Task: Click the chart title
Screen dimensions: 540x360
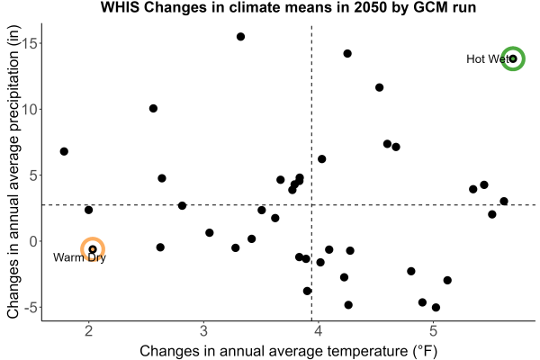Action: [x=288, y=7]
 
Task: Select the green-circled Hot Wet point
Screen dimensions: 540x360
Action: [x=513, y=58]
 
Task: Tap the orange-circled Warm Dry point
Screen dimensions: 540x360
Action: [x=93, y=249]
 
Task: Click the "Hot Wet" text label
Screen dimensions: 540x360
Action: [x=487, y=58]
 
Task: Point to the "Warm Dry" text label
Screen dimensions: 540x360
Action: [x=79, y=257]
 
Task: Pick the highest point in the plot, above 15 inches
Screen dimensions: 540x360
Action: [x=240, y=37]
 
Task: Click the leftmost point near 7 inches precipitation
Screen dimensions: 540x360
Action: [x=64, y=151]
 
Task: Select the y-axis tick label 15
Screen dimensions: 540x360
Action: [x=31, y=43]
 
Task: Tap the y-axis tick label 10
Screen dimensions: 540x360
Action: [x=31, y=109]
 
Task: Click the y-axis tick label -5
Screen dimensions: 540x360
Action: [x=31, y=307]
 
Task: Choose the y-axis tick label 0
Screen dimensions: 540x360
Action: [x=33, y=241]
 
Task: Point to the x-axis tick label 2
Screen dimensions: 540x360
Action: [x=89, y=331]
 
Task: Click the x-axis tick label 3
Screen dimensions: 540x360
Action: [x=203, y=331]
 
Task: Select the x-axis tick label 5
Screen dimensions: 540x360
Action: [x=433, y=331]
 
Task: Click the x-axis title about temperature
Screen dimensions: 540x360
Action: [x=289, y=351]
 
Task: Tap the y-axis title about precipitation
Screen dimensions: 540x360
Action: [x=13, y=172]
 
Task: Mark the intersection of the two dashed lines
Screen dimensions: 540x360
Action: [x=311, y=205]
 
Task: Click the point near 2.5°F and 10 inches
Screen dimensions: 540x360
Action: [x=153, y=109]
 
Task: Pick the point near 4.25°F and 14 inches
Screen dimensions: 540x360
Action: [x=347, y=53]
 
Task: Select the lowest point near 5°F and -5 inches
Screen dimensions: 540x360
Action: [x=436, y=307]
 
